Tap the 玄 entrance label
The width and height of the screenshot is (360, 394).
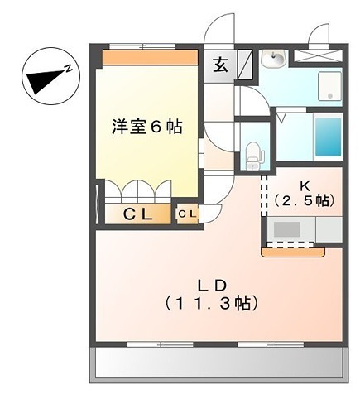point(222,65)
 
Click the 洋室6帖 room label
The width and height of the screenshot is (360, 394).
point(146,127)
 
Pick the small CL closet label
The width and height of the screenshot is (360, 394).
point(187,214)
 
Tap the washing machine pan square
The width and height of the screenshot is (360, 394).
point(329,87)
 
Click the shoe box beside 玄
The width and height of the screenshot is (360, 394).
point(245,65)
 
